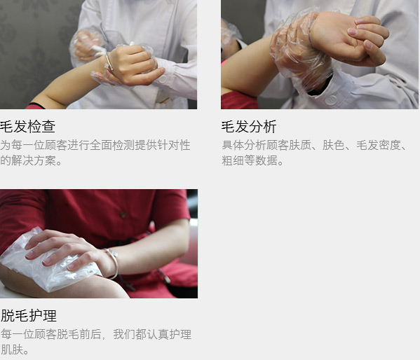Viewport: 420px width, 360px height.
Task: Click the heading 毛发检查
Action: pyautogui.click(x=27, y=127)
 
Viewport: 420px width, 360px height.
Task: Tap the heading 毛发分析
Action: pyautogui.click(x=249, y=127)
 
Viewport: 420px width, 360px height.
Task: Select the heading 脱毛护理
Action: pyautogui.click(x=29, y=316)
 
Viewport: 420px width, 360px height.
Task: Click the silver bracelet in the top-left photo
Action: pyautogui.click(x=109, y=63)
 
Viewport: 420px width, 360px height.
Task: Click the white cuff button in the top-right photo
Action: pyautogui.click(x=331, y=100)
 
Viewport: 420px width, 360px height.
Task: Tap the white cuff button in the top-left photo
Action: pyautogui.click(x=163, y=79)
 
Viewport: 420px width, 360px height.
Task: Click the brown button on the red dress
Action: pyautogui.click(x=123, y=214)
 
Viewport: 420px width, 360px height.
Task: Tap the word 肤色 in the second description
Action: pyautogui.click(x=334, y=145)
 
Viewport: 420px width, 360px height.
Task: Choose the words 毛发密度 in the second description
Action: pyautogui.click(x=378, y=145)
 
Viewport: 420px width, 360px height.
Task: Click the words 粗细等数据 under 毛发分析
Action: pyautogui.click(x=249, y=160)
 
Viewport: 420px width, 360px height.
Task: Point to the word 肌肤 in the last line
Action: pyautogui.click(x=12, y=349)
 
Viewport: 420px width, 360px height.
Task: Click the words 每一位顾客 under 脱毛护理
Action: pyautogui.click(x=29, y=334)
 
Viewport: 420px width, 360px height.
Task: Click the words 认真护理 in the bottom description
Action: pyautogui.click(x=169, y=334)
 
